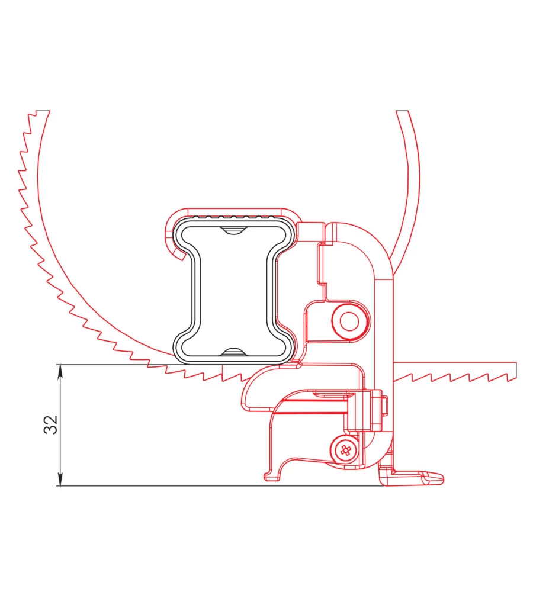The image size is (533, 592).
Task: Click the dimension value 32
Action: (50, 424)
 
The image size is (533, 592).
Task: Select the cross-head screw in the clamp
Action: (345, 450)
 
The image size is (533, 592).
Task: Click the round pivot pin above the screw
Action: (349, 321)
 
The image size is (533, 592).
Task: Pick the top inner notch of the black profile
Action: (233, 230)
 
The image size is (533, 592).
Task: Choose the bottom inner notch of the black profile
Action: (233, 352)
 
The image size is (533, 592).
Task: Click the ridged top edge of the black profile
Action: (233, 217)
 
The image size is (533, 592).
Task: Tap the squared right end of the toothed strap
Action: (513, 371)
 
